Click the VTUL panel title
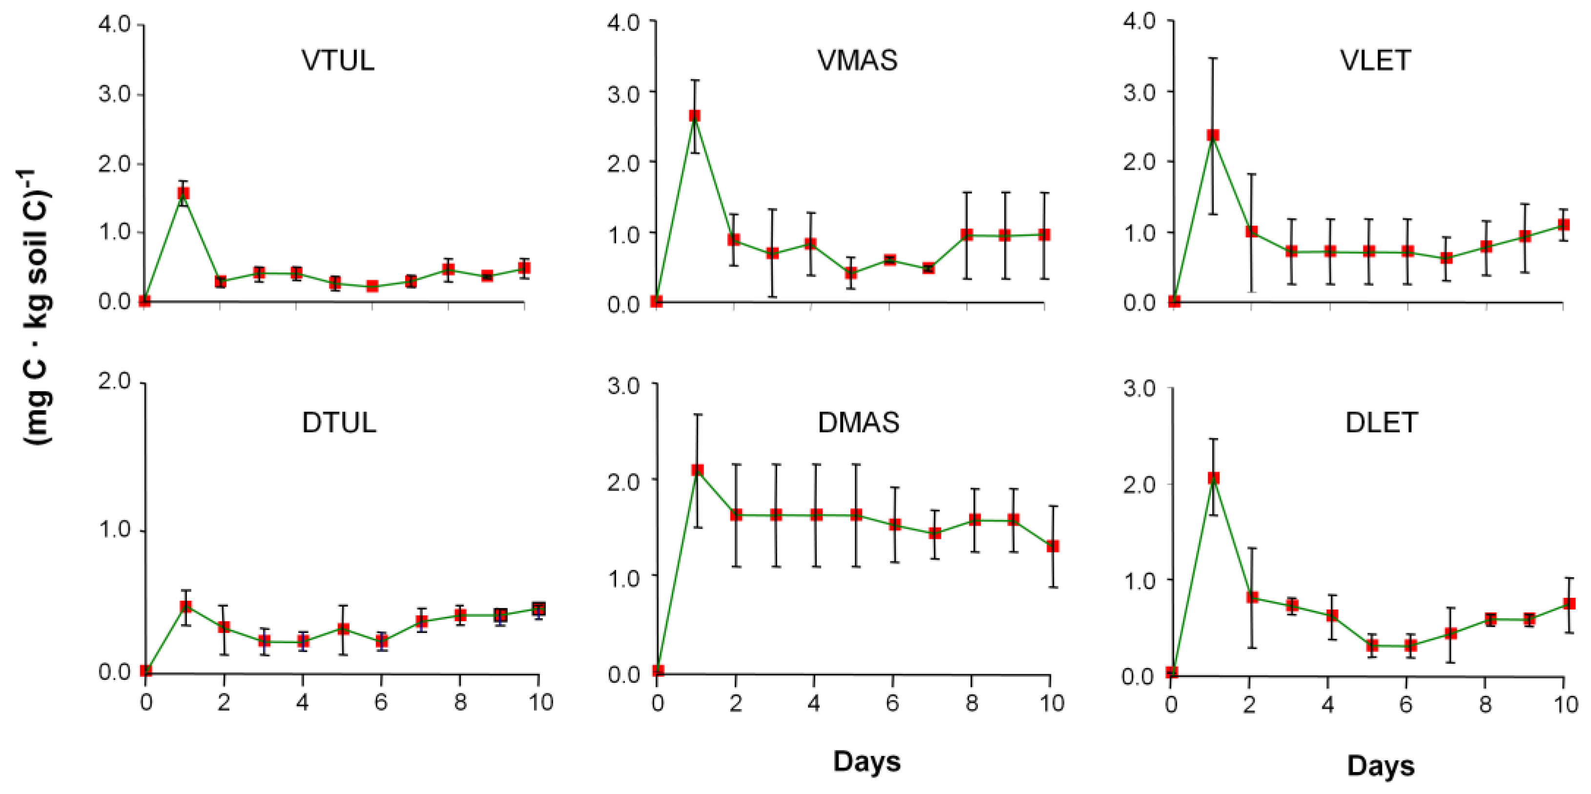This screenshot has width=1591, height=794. click(338, 61)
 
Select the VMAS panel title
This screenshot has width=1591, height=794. click(857, 61)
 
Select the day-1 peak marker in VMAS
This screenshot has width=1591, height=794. click(695, 116)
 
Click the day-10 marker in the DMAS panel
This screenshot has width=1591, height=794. click(1053, 547)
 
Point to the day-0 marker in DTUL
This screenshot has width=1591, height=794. click(146, 671)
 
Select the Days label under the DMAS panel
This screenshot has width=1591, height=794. click(866, 761)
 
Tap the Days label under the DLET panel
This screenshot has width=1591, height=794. click(1381, 766)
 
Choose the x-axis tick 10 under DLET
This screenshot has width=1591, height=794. click(1565, 705)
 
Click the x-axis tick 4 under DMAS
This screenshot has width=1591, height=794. click(813, 703)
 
